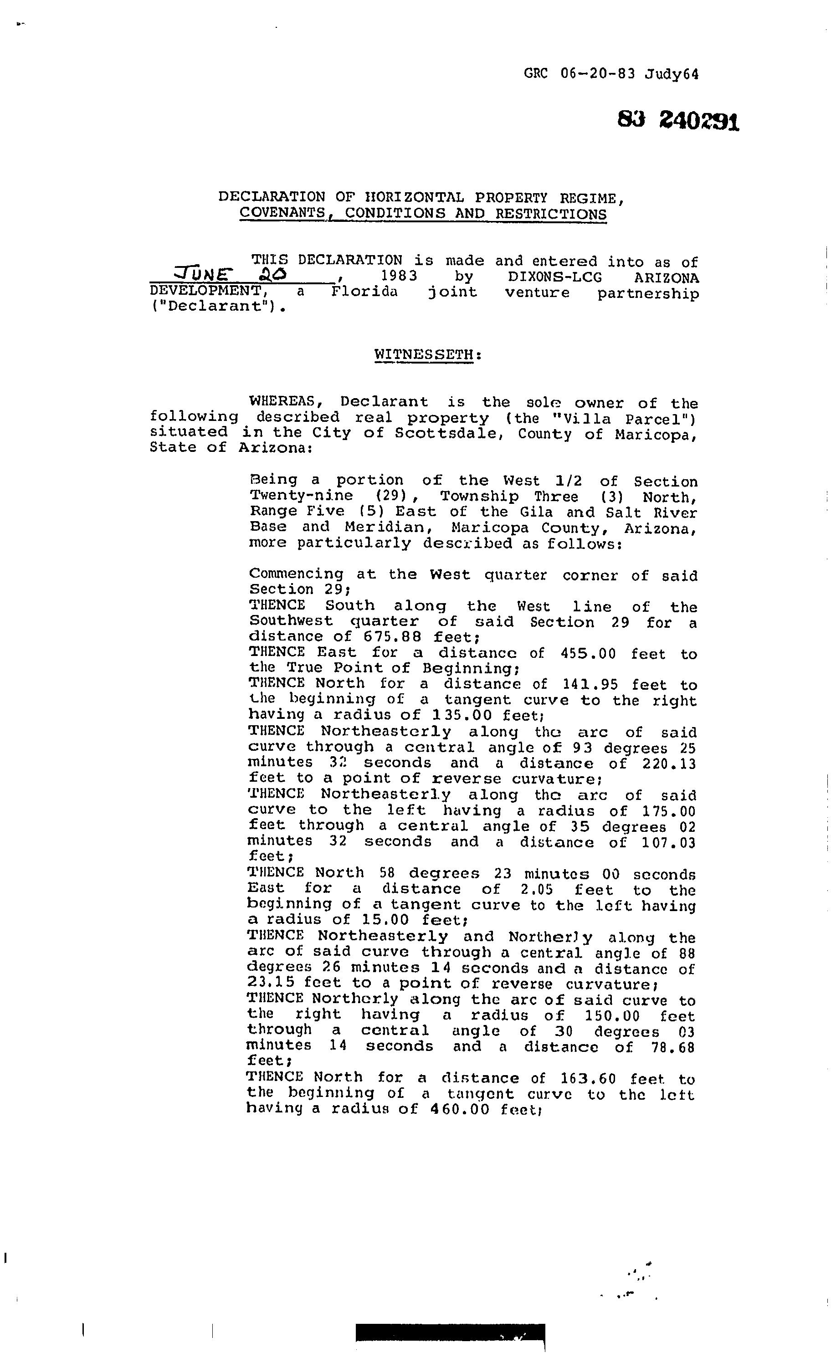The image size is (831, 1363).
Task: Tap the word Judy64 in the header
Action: pyautogui.click(x=671, y=74)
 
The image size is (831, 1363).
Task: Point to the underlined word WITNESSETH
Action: pyautogui.click(x=424, y=354)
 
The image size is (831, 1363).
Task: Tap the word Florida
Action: pyautogui.click(x=364, y=292)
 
